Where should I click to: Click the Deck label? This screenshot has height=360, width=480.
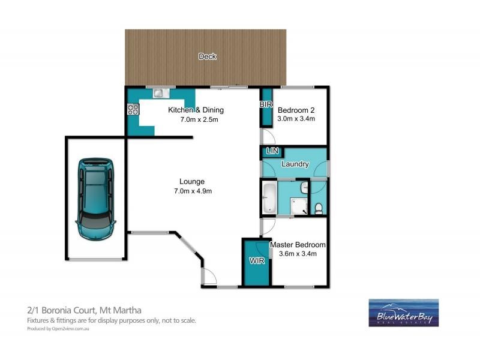pyautogui.click(x=208, y=56)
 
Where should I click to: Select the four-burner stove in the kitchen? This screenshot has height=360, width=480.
pyautogui.click(x=133, y=109)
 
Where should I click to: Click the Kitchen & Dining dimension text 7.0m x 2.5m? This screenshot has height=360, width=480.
pyautogui.click(x=196, y=120)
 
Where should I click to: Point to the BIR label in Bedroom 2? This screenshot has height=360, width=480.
pyautogui.click(x=266, y=105)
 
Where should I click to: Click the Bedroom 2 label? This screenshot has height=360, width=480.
pyautogui.click(x=296, y=110)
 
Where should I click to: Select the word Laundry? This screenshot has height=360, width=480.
pyautogui.click(x=295, y=164)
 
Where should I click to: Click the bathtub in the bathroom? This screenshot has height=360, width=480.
pyautogui.click(x=269, y=199)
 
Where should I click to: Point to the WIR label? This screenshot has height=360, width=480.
pyautogui.click(x=256, y=261)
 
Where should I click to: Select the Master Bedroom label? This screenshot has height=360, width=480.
pyautogui.click(x=298, y=245)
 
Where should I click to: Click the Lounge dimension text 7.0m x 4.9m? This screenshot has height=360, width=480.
pyautogui.click(x=192, y=191)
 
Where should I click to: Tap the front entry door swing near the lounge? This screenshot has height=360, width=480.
pyautogui.click(x=209, y=277)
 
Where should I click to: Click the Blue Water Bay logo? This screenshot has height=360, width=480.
pyautogui.click(x=403, y=313)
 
